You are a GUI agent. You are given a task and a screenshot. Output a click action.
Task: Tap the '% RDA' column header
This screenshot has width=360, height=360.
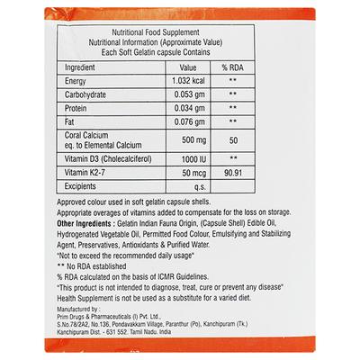pyautogui.click(x=232, y=67)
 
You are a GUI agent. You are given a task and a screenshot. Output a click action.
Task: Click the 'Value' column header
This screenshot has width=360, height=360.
pyautogui.click(x=188, y=67)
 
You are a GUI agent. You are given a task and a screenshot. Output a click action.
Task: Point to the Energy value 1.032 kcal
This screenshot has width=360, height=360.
pyautogui.click(x=188, y=82)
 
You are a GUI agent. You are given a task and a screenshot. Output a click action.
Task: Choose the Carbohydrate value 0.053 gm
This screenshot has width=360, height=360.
pyautogui.click(x=188, y=96)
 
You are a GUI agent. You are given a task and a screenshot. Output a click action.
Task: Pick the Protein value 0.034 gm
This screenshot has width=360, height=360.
pyautogui.click(x=188, y=110)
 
